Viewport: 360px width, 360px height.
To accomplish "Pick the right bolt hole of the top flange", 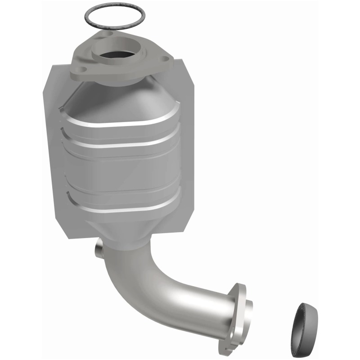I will pyautogui.click(x=165, y=58).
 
